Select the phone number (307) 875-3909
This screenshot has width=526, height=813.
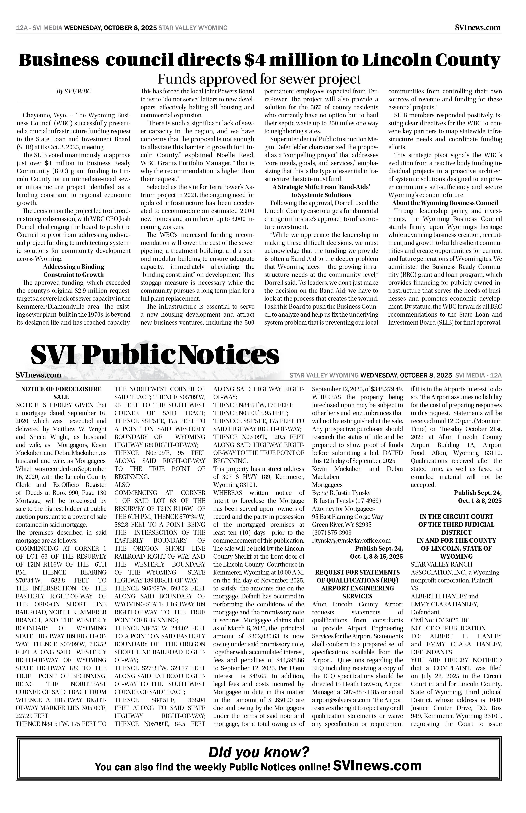[332, 533]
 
